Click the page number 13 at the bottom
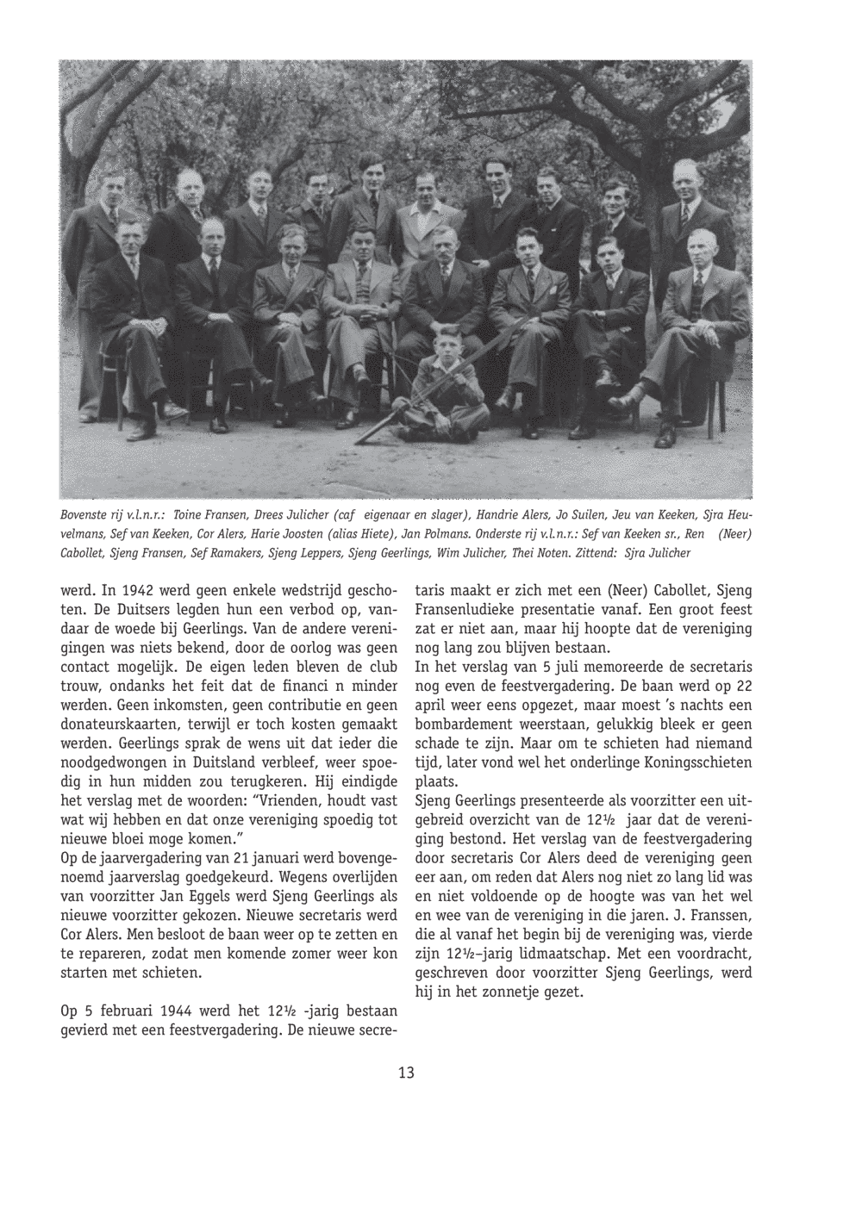[x=406, y=1073]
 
